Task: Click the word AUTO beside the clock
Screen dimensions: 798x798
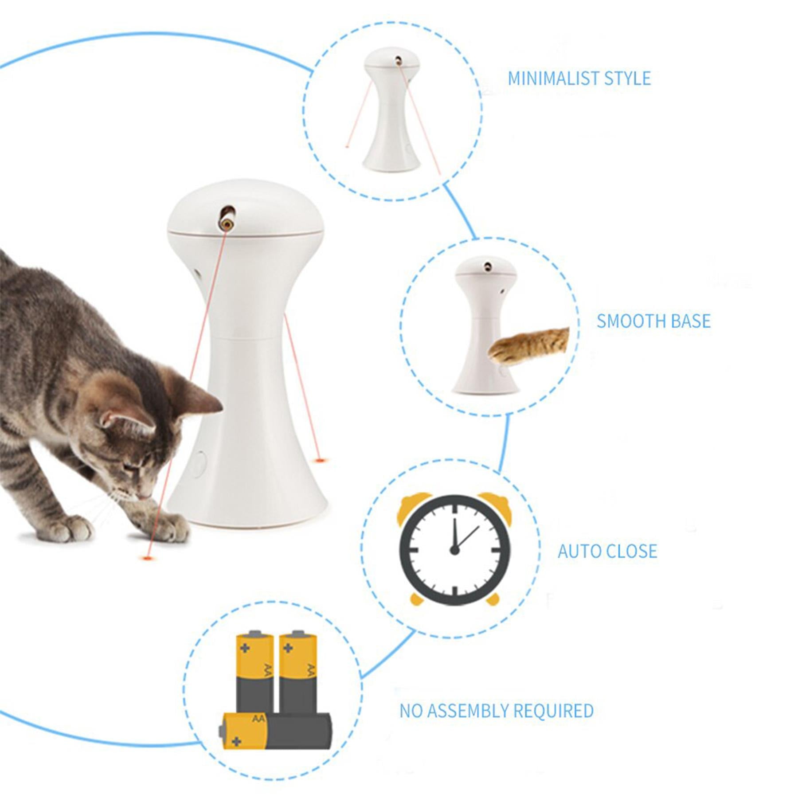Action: click(x=578, y=551)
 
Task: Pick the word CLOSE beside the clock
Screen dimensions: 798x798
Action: click(x=632, y=551)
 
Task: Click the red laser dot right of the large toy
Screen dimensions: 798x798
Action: click(x=319, y=459)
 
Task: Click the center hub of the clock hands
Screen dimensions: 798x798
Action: click(x=454, y=550)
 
